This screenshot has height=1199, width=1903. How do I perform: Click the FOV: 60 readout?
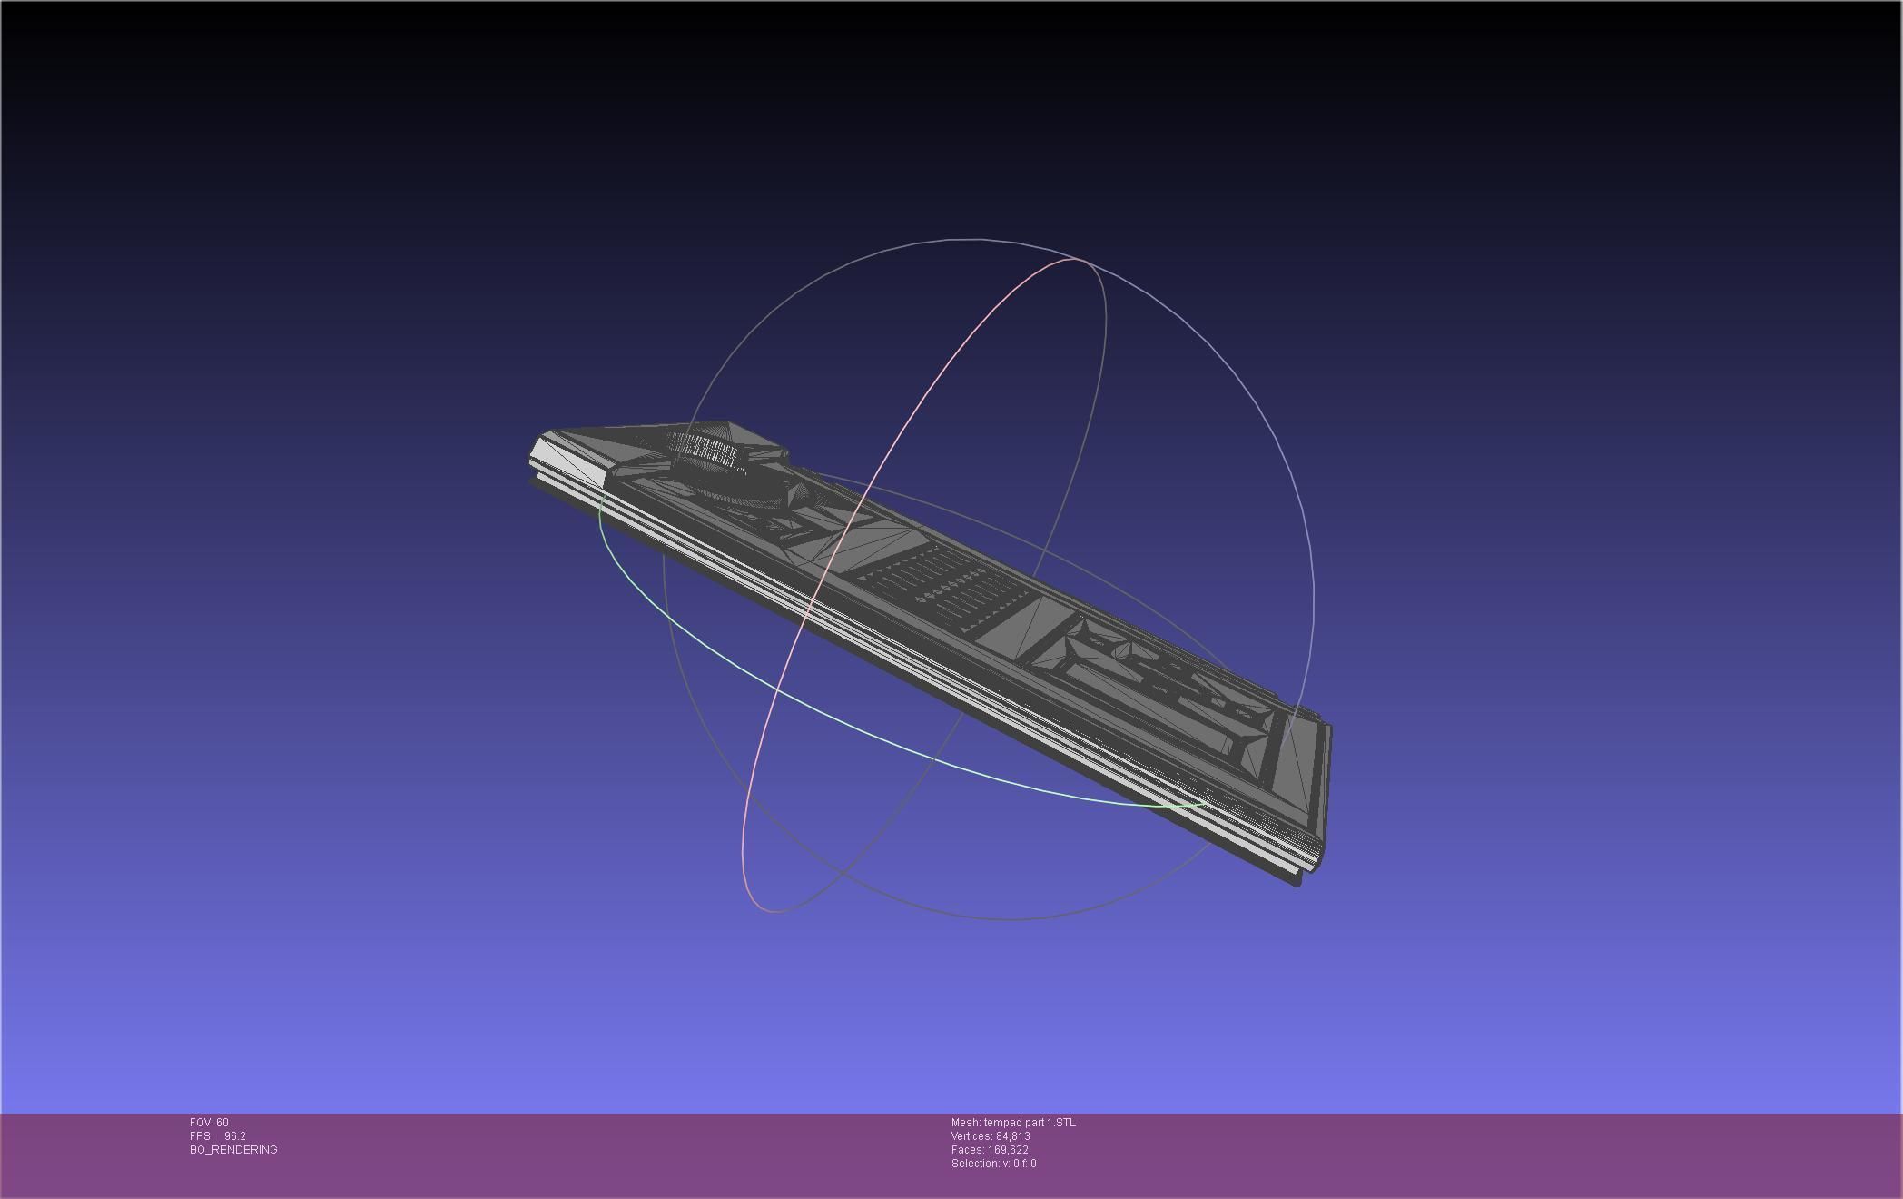(209, 1123)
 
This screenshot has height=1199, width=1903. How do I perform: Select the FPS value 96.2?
(235, 1136)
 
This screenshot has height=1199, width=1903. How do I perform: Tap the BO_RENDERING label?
(233, 1150)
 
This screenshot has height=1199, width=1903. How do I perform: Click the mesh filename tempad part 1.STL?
(1030, 1123)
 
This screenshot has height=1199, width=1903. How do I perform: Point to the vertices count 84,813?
(1012, 1136)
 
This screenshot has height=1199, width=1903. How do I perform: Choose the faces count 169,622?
(1008, 1150)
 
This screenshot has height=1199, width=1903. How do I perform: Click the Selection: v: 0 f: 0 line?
(993, 1164)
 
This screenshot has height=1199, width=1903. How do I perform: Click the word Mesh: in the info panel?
(965, 1123)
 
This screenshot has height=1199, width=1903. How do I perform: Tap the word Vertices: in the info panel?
(971, 1136)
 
